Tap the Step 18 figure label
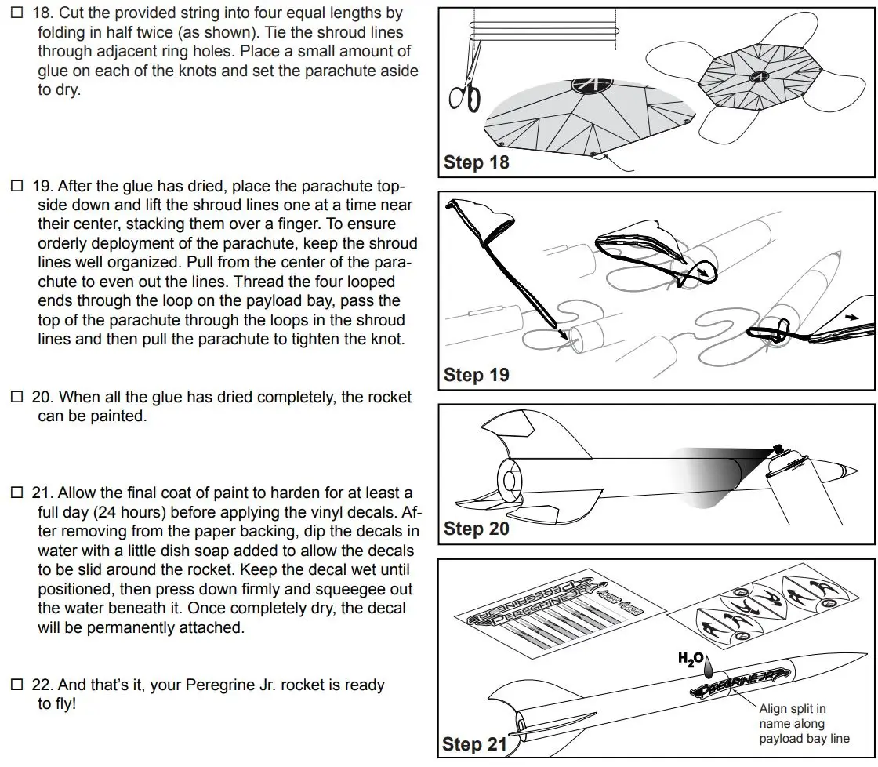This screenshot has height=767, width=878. [x=476, y=162]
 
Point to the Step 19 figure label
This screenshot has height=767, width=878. [x=476, y=375]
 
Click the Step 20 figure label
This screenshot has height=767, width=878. [x=476, y=529]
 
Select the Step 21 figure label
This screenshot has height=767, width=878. [x=474, y=743]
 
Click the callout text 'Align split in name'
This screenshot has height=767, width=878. [x=792, y=716]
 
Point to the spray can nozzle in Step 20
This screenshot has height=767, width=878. [x=779, y=449]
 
